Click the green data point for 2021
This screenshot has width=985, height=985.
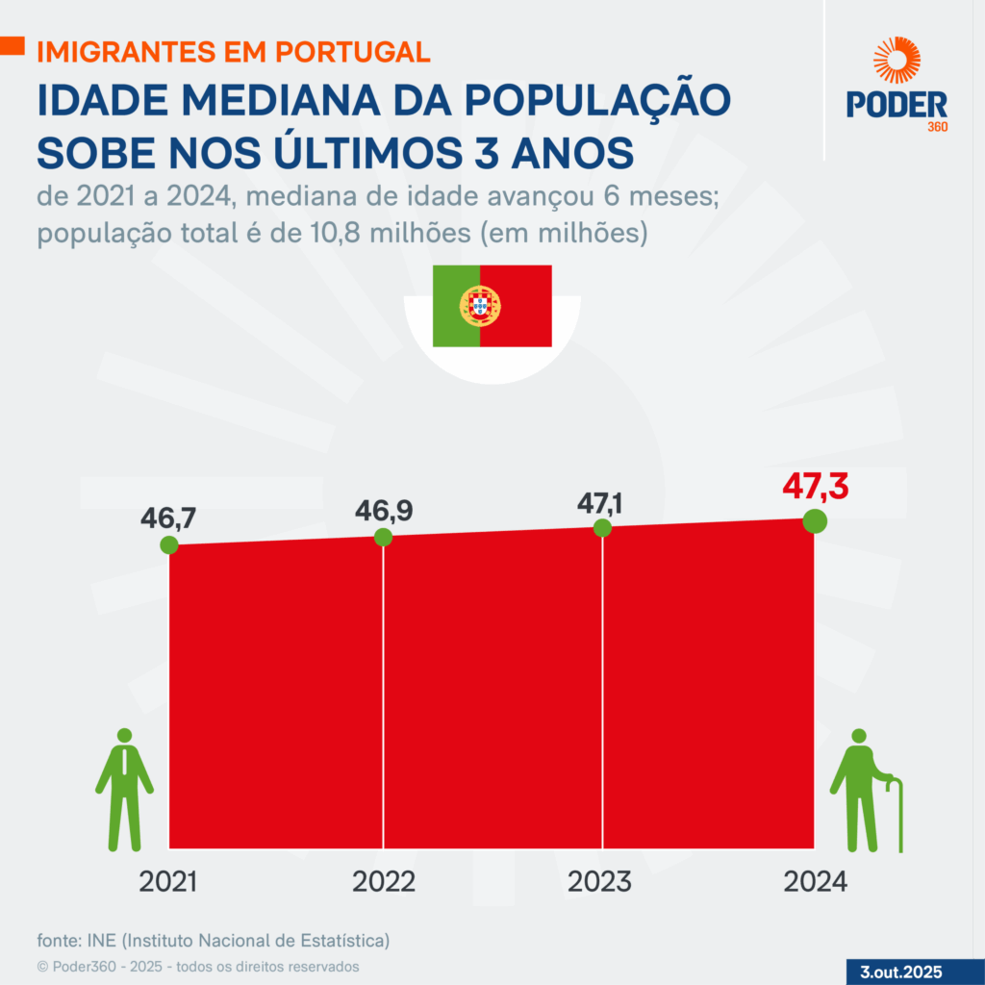(169, 544)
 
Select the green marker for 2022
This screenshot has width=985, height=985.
(383, 537)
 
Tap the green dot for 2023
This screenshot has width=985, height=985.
(602, 527)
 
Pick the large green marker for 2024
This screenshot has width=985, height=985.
(815, 520)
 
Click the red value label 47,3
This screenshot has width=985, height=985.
(815, 487)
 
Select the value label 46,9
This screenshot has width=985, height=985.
(384, 510)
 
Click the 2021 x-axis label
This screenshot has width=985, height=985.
(168, 881)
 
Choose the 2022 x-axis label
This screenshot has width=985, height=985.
(384, 881)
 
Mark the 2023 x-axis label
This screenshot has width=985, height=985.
(601, 881)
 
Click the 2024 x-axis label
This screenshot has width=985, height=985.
(815, 881)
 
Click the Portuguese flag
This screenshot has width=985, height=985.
(492, 306)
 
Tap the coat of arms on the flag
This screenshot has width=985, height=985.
(480, 306)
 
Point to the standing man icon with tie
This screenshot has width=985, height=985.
(125, 789)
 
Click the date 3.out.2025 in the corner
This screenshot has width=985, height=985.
(900, 971)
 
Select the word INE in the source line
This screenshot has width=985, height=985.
(101, 939)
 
